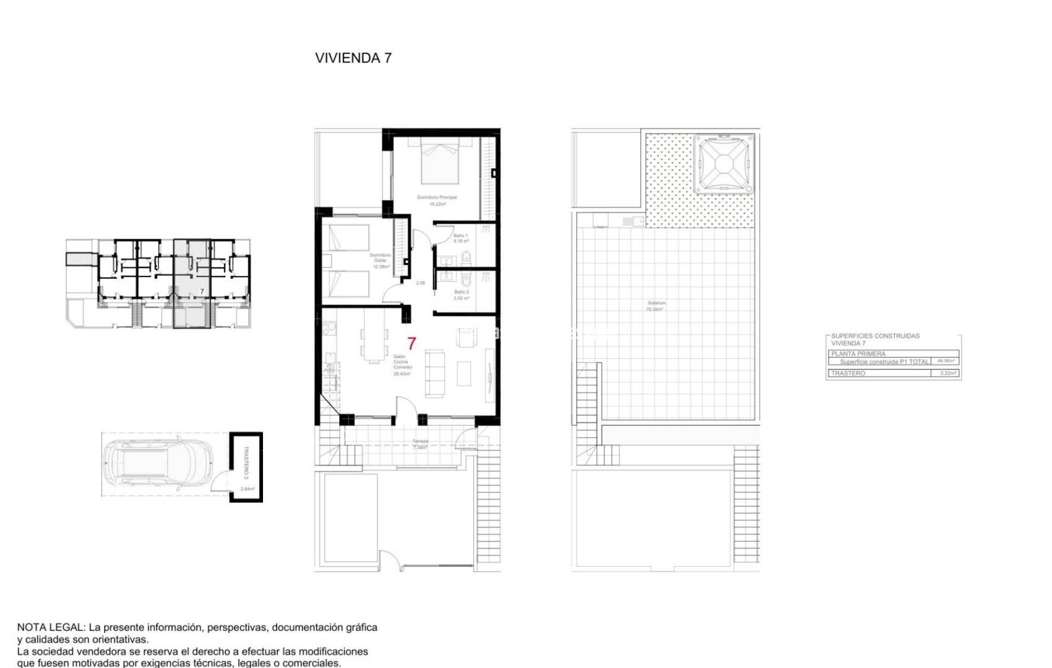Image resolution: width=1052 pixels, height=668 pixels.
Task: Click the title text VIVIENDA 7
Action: [353, 58]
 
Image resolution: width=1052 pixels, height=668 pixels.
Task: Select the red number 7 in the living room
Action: [412, 343]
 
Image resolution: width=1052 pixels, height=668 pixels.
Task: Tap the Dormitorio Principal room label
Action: [437, 197]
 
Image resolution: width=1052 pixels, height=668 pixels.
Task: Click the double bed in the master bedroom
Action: [440, 162]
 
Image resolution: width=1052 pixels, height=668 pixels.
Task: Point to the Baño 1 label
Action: [460, 236]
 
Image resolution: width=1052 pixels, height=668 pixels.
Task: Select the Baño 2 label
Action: [461, 292]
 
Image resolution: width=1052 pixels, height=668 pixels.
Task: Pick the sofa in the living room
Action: [434, 373]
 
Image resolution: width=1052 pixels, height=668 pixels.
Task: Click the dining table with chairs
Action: [373, 335]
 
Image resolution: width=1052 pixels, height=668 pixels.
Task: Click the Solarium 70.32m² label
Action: [656, 306]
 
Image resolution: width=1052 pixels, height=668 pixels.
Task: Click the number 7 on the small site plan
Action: [202, 291]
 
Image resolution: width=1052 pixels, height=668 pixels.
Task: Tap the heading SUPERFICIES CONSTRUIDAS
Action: [875, 336]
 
